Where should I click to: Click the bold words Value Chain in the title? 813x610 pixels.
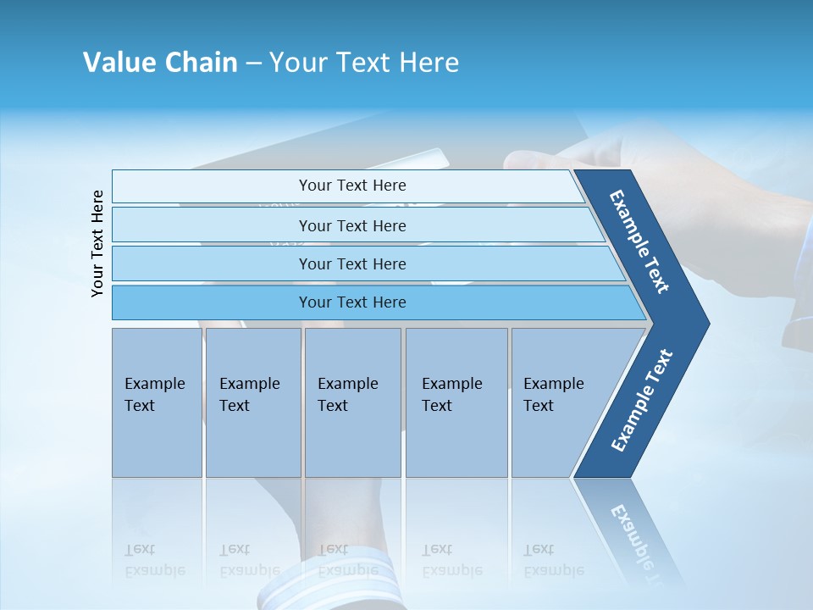coord(160,63)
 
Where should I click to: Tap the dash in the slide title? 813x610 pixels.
coord(253,64)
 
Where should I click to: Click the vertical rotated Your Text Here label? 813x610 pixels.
coord(97,243)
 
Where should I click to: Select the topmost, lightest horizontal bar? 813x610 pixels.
coord(352,186)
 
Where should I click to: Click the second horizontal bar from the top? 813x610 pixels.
coord(352,225)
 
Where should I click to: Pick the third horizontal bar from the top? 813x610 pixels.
coord(352,263)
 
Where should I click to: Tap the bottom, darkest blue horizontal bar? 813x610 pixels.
coord(352,302)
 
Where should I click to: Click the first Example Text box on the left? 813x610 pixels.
coord(157,402)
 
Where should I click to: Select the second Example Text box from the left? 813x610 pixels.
coord(252,402)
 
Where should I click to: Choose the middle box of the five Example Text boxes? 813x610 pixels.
coord(351,402)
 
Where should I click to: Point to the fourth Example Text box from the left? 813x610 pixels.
coord(456,402)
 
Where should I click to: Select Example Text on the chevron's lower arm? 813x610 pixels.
coord(642,401)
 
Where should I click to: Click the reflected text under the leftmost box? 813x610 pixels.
coord(154,560)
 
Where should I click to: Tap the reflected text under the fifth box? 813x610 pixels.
coord(553,560)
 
